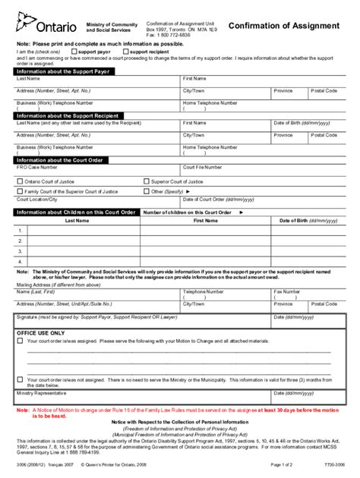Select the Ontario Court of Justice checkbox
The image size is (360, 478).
pos(20,182)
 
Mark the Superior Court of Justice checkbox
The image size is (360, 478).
pos(147,182)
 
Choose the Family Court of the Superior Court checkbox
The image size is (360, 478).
pos(20,192)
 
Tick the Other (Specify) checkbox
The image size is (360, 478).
pos(147,192)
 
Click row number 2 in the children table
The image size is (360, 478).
pos(21,240)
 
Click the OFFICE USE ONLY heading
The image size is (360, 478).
pos(41,333)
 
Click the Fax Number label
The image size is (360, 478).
pos(288,291)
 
